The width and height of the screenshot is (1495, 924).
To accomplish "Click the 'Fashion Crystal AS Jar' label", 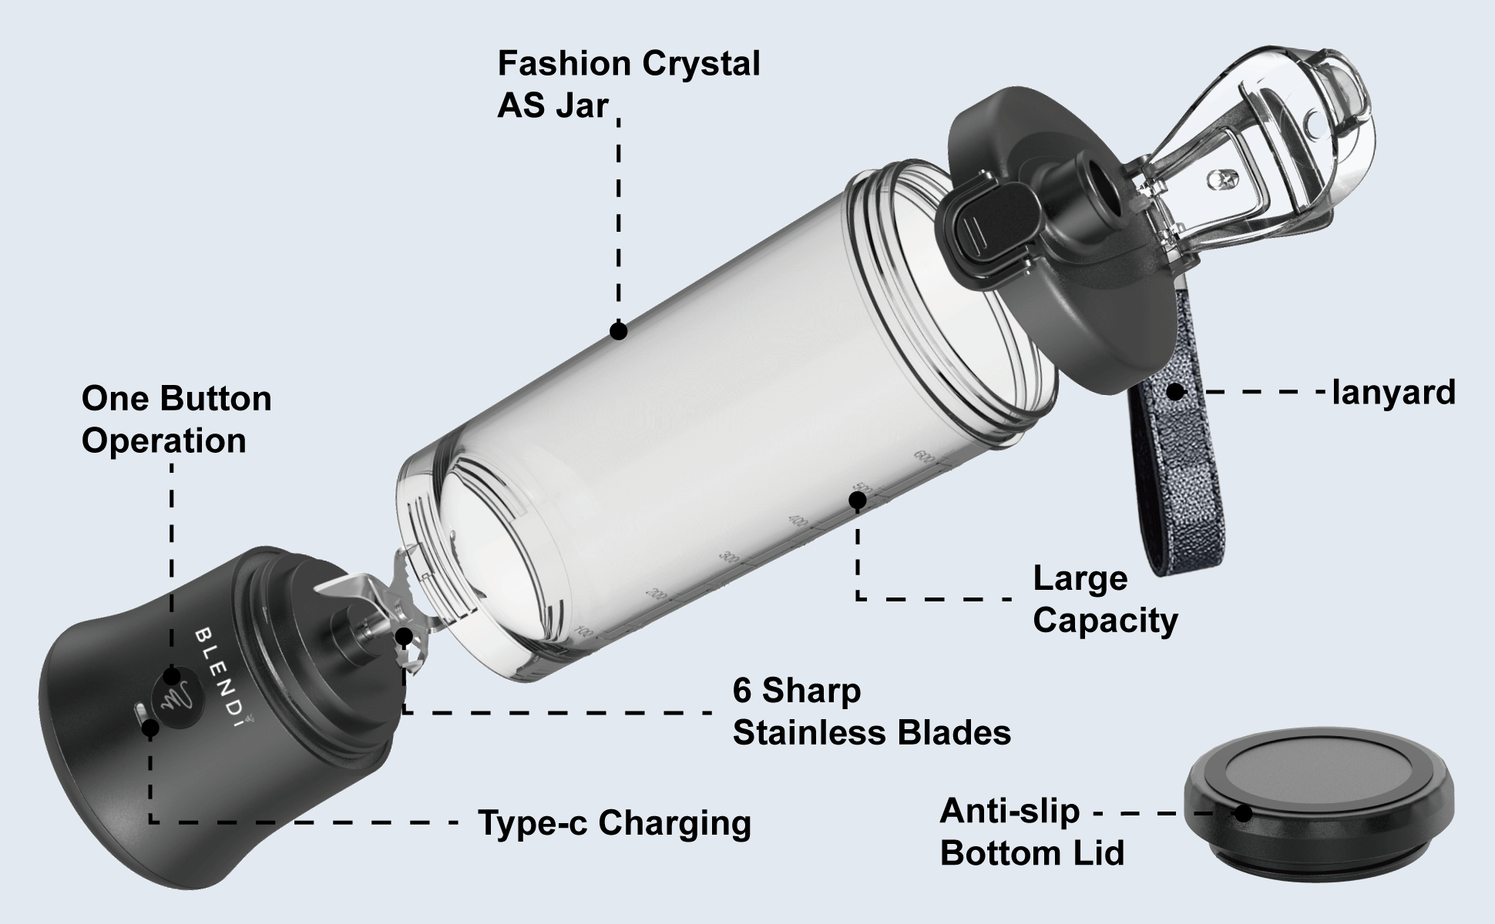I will coord(628,85).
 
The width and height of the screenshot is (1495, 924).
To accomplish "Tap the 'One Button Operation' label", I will coord(176,420).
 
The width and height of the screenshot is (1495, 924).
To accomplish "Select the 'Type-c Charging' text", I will coord(614,823).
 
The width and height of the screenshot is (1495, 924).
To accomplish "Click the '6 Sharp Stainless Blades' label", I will coord(871,711).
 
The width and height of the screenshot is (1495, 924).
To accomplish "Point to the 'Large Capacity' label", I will coord(1104,599).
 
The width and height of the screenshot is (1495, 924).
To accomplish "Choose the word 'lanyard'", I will coord(1393,393).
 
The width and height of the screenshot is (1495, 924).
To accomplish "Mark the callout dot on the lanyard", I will coord(1174,392).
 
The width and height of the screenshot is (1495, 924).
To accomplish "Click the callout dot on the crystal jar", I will coord(618,331).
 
